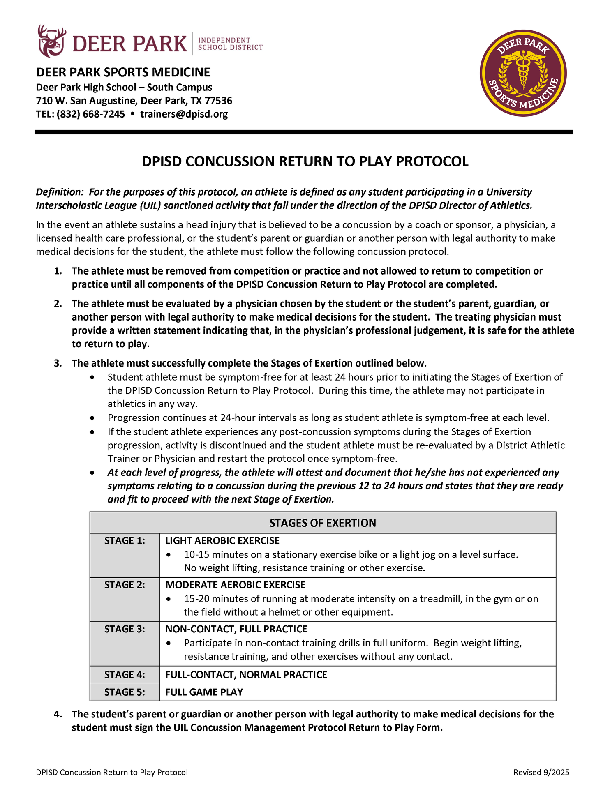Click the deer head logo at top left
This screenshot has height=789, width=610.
[51, 41]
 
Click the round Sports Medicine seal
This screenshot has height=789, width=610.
[523, 73]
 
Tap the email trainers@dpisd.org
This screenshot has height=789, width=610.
[184, 114]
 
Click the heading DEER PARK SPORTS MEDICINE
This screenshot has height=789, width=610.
[123, 72]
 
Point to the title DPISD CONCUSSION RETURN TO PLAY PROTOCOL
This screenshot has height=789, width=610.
[305, 161]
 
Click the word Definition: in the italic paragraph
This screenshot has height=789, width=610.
[60, 192]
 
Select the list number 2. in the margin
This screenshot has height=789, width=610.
[58, 304]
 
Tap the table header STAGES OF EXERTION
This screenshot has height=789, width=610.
[322, 523]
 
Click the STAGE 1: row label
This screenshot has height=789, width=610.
[125, 541]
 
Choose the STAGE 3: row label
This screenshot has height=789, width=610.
[125, 629]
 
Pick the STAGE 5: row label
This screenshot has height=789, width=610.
[125, 692]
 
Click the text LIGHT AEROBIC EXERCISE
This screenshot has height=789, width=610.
[222, 541]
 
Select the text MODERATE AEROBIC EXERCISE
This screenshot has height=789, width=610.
[235, 585]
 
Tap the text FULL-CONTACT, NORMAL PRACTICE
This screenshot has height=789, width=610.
[246, 675]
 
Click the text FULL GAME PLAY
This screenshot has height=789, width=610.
[204, 692]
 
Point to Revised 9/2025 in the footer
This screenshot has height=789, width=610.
[541, 773]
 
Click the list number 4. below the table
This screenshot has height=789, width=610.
[58, 714]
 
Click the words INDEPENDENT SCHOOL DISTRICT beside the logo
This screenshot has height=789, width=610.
[230, 44]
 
